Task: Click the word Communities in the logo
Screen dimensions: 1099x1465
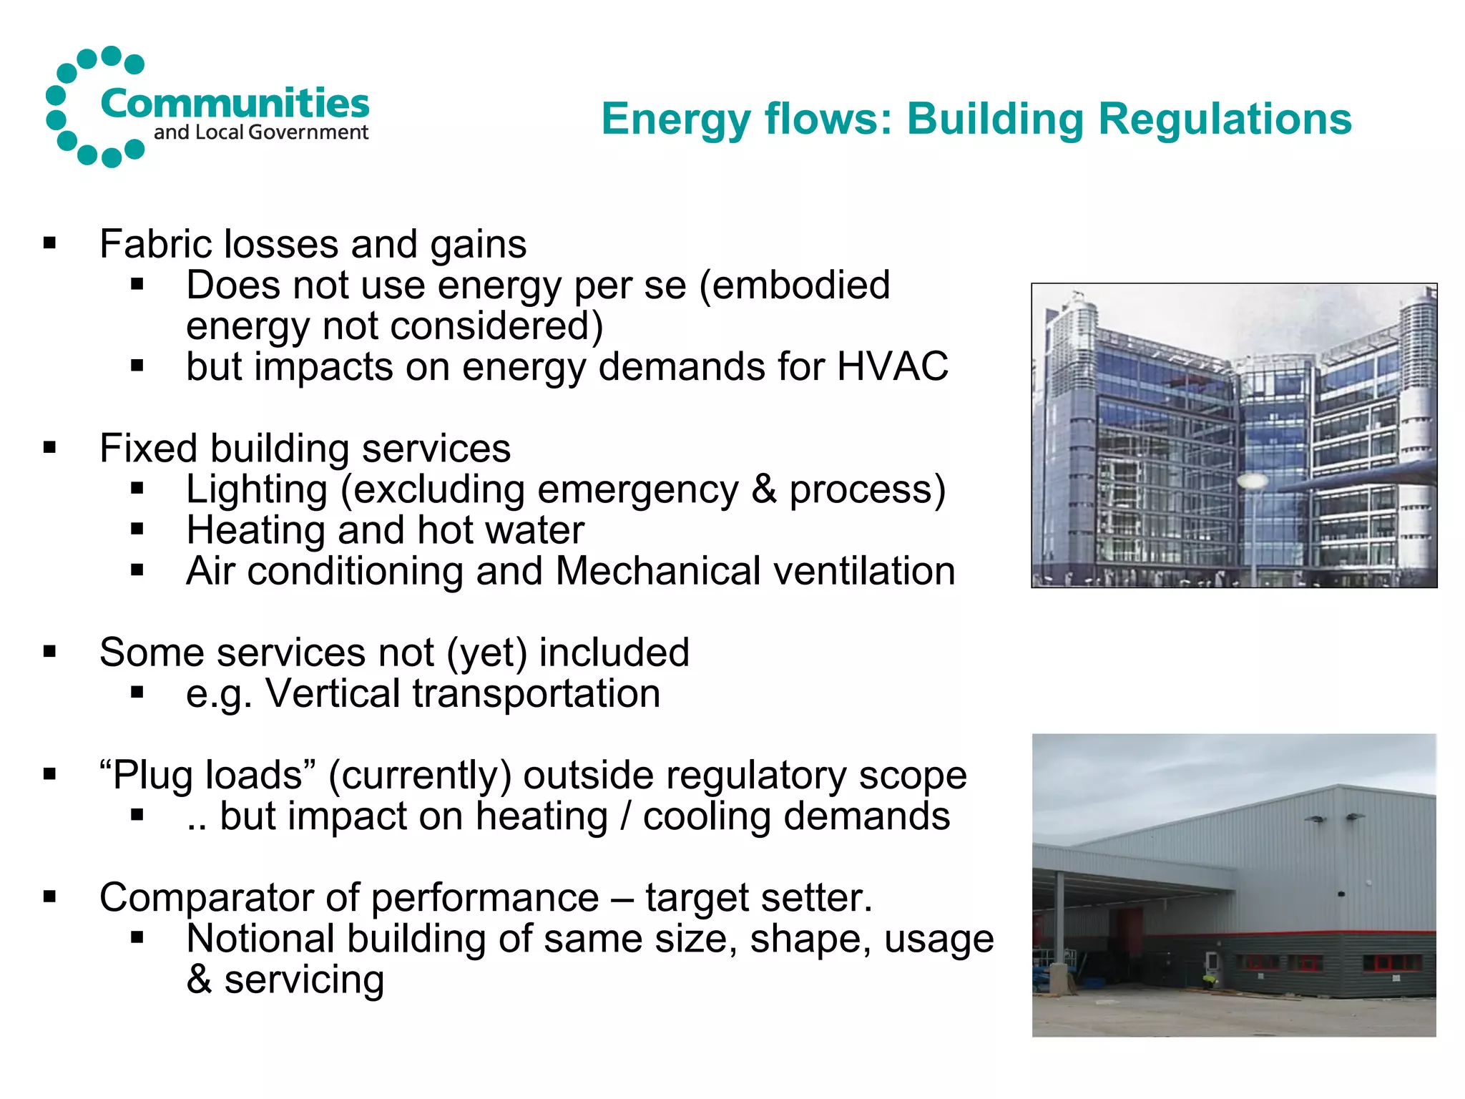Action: [235, 104]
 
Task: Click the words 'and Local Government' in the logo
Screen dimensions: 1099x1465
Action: [260, 132]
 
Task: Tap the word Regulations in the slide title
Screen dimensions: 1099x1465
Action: [1225, 119]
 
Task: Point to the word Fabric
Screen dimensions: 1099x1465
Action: [156, 244]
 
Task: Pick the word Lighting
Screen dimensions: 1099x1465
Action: [257, 489]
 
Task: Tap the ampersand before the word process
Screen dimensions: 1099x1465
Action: [764, 489]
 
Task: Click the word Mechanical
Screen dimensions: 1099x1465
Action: [657, 571]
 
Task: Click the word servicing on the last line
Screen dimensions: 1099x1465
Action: [304, 980]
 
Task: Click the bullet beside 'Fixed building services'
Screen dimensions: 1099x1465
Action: [49, 449]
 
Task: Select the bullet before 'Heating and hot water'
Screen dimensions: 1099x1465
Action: [137, 530]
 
